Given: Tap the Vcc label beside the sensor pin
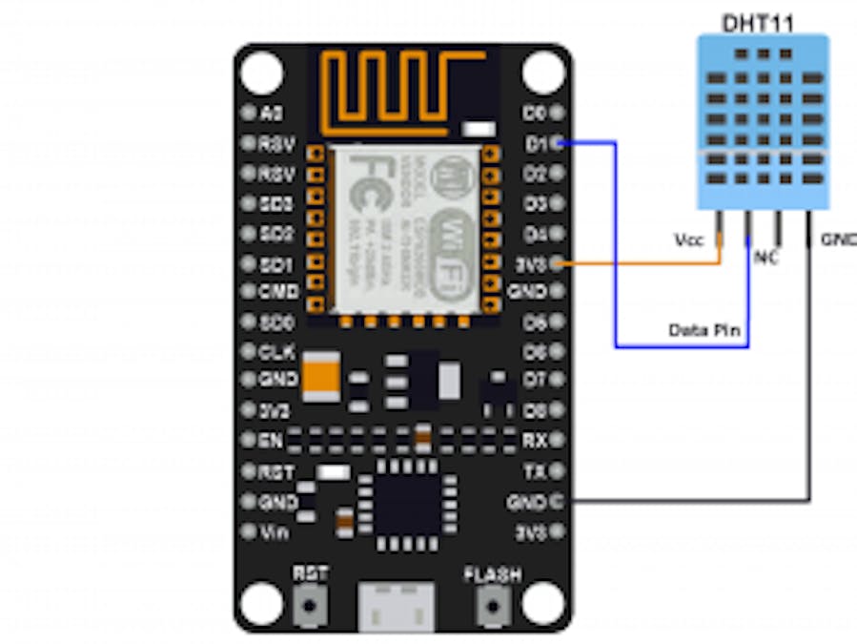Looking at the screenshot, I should pos(688,239).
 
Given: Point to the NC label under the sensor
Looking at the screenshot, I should pos(765,258).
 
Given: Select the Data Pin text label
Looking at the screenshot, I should pos(705,330).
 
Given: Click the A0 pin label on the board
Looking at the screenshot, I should pos(272,114).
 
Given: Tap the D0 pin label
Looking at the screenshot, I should pos(535,113).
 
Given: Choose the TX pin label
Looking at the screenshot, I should pos(535,471).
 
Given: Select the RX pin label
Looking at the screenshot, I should pos(535,441).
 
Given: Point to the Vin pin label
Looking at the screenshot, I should pos(275,531).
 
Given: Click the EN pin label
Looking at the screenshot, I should pos(271,441).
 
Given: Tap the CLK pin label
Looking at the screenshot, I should pos(276,351).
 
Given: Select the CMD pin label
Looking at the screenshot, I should pos(277,290).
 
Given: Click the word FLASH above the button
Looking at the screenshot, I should pos(492,574).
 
